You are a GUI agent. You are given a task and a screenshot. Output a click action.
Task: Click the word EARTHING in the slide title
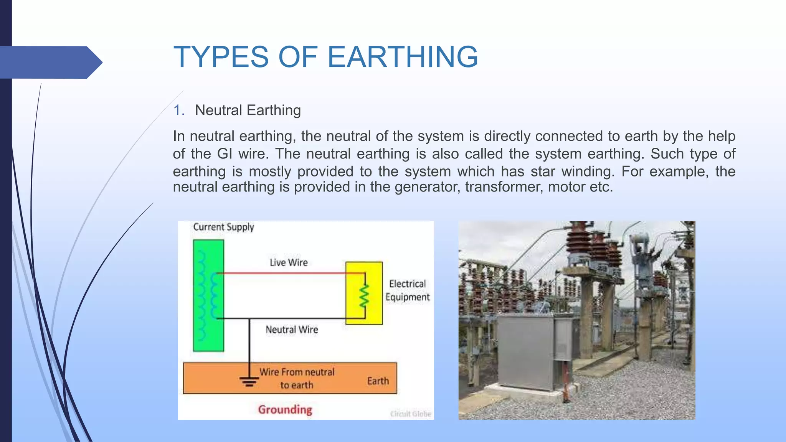[403, 57]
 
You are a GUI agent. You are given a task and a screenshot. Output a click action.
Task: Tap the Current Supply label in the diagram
[223, 227]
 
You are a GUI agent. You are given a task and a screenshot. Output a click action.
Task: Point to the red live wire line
[288, 273]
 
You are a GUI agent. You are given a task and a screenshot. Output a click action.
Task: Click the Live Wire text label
[289, 262]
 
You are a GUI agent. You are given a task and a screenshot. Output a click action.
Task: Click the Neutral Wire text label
[292, 330]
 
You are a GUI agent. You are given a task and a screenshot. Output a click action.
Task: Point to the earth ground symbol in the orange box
[249, 381]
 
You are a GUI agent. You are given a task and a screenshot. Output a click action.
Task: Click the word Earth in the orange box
[378, 381]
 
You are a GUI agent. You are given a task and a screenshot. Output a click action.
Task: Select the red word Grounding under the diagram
[285, 409]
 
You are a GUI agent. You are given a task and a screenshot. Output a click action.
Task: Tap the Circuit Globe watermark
[410, 414]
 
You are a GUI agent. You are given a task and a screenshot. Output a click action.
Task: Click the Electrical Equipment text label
[407, 290]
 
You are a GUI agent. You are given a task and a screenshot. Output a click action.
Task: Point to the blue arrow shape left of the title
[50, 62]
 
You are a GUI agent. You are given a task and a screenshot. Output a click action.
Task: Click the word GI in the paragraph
[225, 154]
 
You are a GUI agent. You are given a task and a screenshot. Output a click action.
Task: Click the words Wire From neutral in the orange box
[297, 372]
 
